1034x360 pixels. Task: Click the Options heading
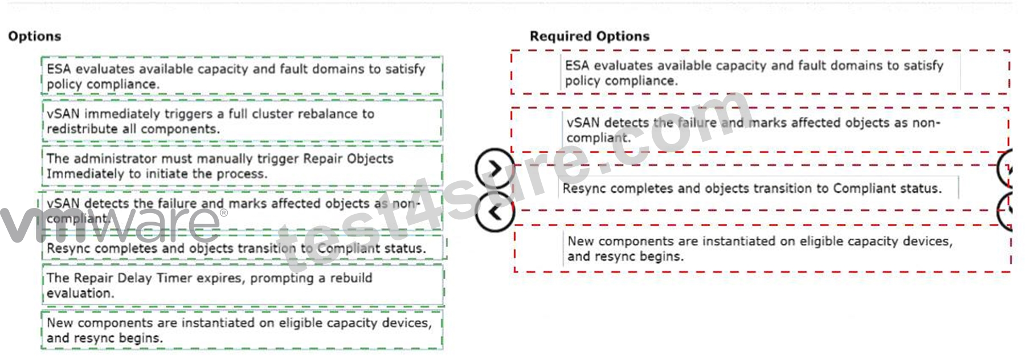coord(35,36)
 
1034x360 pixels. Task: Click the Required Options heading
coord(590,36)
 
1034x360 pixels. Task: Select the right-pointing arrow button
coord(495,169)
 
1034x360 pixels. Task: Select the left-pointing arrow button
coord(495,212)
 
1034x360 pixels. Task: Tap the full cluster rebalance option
coord(242,121)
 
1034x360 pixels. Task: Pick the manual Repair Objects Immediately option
coord(242,166)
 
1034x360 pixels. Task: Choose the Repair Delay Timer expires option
coord(243,285)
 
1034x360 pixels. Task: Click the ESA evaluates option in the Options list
coord(242,76)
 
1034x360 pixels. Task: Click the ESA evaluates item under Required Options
coord(760,73)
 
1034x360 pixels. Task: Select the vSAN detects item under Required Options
coord(760,130)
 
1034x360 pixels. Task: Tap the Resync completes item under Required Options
coord(760,188)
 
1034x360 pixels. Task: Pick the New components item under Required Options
coord(762,248)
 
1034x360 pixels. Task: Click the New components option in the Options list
coord(242,330)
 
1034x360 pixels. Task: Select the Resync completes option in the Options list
coord(244,248)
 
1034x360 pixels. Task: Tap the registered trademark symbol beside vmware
coord(223,213)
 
